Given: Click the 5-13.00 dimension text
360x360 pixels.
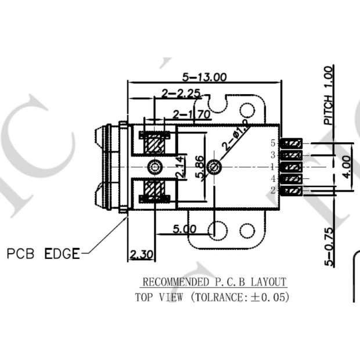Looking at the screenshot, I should click(x=204, y=76).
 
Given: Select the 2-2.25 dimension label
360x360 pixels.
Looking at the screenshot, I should click(x=181, y=93).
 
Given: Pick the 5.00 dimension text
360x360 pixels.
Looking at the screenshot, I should click(x=185, y=229).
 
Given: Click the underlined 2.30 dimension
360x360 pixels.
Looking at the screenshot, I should click(x=139, y=254).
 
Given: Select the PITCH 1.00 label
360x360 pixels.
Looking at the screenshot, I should click(x=329, y=96).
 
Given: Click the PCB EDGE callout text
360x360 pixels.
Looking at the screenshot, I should click(x=43, y=254).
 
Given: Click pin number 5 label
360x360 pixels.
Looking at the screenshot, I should click(x=273, y=143).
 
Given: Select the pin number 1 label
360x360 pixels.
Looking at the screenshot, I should click(x=273, y=167).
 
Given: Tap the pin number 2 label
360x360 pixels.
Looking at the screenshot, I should click(x=273, y=190).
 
